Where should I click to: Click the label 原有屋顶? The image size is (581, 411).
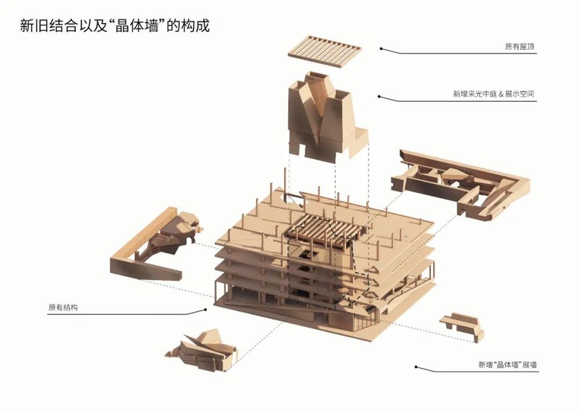click(519, 47)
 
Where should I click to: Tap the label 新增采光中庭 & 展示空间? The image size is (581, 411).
click(493, 94)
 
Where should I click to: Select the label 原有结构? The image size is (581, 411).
click(63, 307)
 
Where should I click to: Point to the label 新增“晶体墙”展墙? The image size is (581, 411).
click(507, 364)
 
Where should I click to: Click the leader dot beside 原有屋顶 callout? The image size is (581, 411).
click(381, 49)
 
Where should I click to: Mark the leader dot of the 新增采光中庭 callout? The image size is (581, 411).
click(379, 97)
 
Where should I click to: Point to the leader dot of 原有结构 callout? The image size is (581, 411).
click(205, 309)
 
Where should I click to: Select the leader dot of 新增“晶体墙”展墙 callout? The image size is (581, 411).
click(416, 367)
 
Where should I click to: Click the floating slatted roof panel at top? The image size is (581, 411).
click(325, 51)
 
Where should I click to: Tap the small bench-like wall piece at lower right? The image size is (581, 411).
click(462, 326)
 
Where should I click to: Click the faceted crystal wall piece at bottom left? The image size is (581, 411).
click(202, 350)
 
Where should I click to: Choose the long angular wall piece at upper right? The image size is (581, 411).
click(460, 184)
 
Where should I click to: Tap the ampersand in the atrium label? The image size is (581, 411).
click(501, 95)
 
